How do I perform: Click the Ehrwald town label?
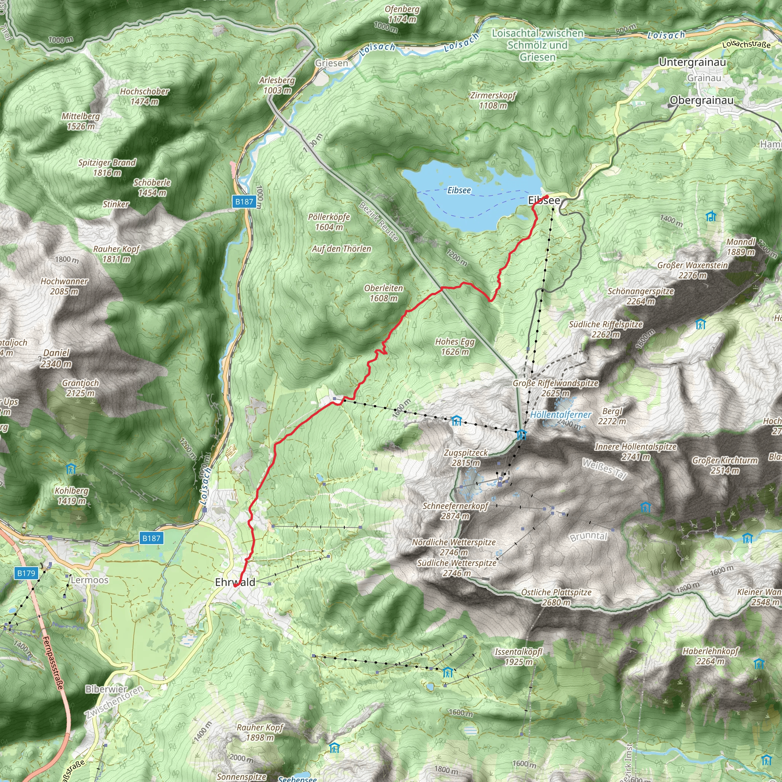click(x=235, y=582)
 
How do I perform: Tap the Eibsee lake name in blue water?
click(x=459, y=190)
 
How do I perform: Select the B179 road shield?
click(x=26, y=573)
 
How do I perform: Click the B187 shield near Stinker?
click(x=244, y=202)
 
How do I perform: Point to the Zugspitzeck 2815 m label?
click(x=466, y=458)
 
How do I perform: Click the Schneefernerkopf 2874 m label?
click(x=456, y=511)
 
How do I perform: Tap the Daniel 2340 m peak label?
click(x=56, y=358)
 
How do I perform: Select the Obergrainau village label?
click(x=701, y=100)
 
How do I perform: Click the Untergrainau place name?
click(x=692, y=62)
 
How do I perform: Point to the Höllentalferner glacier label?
click(x=561, y=415)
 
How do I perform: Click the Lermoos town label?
click(x=89, y=580)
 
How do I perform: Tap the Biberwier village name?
click(x=106, y=689)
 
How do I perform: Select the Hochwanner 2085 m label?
click(x=65, y=286)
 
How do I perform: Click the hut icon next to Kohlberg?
click(x=71, y=469)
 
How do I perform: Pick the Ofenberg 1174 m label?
click(x=402, y=14)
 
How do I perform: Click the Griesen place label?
click(x=331, y=63)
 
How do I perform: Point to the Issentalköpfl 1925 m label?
click(x=519, y=656)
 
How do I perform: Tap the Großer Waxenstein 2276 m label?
click(x=692, y=270)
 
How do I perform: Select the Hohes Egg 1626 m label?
click(x=454, y=346)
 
